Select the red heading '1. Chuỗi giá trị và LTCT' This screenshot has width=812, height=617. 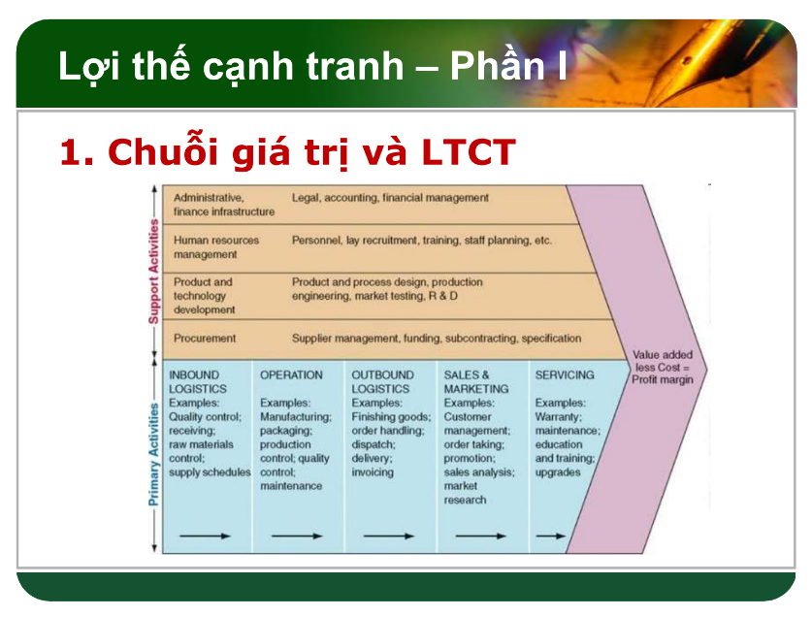pos(287,152)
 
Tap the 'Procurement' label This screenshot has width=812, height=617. pos(205,339)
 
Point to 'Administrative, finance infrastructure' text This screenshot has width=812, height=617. pos(223,204)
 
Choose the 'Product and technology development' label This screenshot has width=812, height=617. pos(204,296)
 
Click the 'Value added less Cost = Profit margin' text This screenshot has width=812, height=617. pos(663,367)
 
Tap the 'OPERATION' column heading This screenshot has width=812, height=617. pos(291,374)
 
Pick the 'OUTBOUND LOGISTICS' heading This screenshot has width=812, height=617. pos(382,381)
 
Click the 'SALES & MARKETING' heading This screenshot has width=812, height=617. pos(469,381)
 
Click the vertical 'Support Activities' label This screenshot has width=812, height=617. pos(153,272)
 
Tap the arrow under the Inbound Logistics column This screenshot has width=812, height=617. pos(206,536)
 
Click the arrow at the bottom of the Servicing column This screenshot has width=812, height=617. pos(551,536)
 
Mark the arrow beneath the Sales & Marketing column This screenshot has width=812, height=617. pos(480,536)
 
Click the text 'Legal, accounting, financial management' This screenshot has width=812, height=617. pos(390,197)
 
